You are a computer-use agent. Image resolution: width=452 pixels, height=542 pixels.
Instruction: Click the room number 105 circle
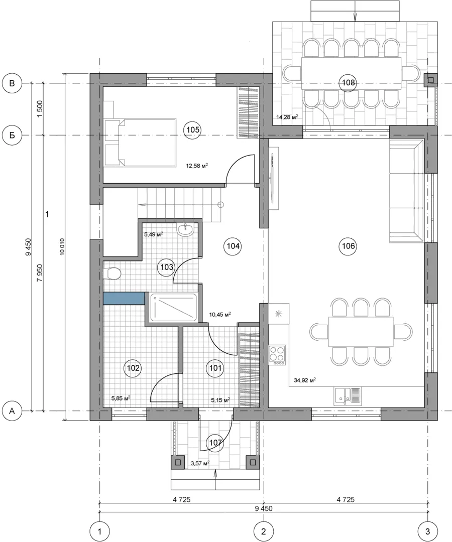coord(193,129)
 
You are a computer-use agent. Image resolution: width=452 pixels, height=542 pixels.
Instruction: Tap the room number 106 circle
coord(348,246)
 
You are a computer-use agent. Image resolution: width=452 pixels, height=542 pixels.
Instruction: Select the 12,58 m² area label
coord(197,166)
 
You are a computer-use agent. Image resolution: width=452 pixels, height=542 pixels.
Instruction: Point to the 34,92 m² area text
coord(304,380)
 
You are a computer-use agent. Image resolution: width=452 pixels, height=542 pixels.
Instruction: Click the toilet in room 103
coord(112,274)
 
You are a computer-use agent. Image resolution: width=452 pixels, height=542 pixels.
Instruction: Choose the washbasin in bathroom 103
coord(186,229)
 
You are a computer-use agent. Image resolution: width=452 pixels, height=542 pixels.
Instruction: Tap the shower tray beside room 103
coord(173,307)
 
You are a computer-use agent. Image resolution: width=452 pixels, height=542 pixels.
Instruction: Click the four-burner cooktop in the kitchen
coord(277,355)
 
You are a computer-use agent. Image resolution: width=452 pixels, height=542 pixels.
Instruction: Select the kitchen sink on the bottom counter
coord(348,396)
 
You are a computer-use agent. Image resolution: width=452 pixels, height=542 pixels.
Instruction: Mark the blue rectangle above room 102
coord(124,299)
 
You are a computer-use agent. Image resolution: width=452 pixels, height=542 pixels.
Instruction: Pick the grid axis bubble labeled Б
coord(12,135)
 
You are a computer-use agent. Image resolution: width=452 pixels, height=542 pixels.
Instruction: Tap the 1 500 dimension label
coord(40,109)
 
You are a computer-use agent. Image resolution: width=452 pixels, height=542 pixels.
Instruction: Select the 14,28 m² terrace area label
coord(287,117)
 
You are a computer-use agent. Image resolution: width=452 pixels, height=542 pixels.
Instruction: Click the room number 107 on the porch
coord(215,443)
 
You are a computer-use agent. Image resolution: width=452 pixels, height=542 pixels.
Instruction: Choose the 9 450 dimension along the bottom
coord(264,508)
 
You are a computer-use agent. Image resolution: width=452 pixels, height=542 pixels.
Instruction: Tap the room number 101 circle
coord(215,368)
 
